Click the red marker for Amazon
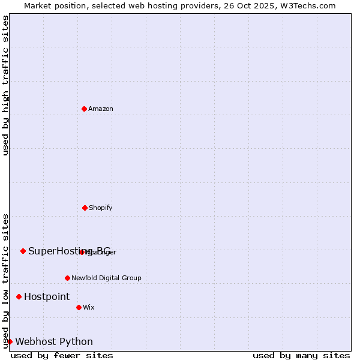(x=84, y=109)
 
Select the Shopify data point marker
(x=85, y=208)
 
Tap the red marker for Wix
(x=79, y=307)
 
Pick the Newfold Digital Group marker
(x=67, y=278)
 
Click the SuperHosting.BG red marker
(x=23, y=251)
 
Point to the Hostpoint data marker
(x=19, y=296)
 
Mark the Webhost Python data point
(x=10, y=341)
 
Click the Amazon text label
(x=101, y=109)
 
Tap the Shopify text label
(x=101, y=208)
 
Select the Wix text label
(x=89, y=308)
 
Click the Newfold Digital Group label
(x=106, y=278)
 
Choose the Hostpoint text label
(x=47, y=297)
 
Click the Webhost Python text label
(x=54, y=342)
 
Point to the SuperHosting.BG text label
(x=69, y=251)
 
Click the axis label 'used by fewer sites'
(x=62, y=355)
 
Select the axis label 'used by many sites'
(x=301, y=355)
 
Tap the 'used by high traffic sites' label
(x=5, y=85)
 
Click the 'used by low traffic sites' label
(x=5, y=280)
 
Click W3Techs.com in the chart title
(x=310, y=5)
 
